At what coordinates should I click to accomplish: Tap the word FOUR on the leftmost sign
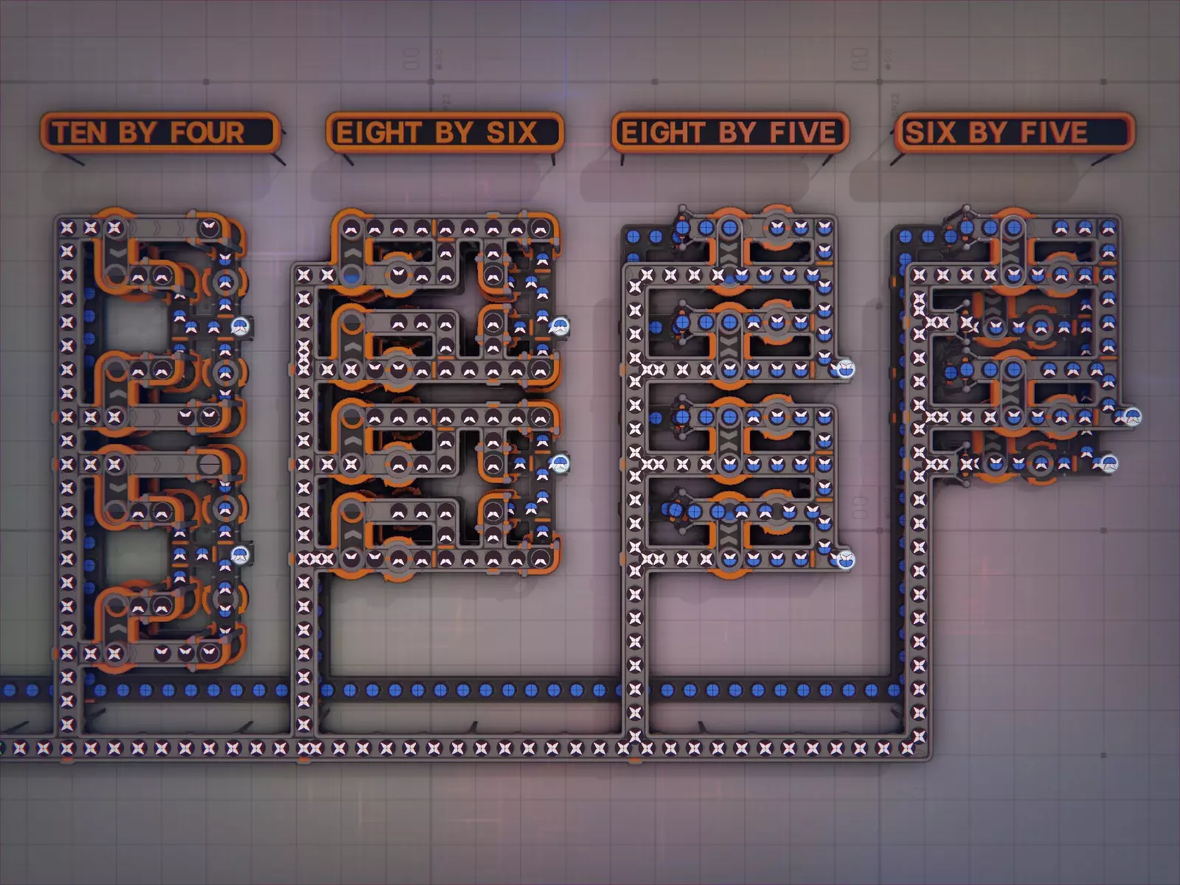[x=207, y=133]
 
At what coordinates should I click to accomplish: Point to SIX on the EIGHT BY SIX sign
[x=511, y=133]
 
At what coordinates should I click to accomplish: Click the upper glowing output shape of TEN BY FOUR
[x=240, y=326]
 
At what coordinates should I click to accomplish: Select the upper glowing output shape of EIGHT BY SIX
[x=560, y=326]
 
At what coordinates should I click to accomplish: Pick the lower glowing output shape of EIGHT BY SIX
[x=560, y=464]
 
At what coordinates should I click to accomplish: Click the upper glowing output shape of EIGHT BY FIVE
[x=845, y=369]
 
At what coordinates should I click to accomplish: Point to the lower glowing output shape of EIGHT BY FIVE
[x=845, y=560]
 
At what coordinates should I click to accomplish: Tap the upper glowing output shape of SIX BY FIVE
[x=1132, y=417]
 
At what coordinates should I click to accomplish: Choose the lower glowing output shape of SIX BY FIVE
[x=1108, y=464]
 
